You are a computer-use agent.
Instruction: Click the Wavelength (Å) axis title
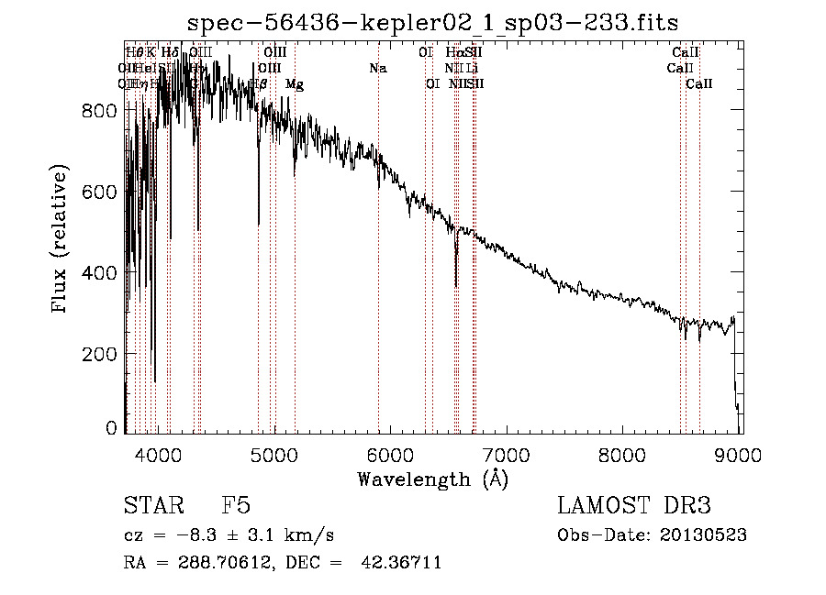pos(432,479)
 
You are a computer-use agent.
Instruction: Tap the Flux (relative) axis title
pos(61,240)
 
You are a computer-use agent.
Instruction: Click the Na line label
pos(378,69)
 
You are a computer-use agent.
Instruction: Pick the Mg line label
pos(295,84)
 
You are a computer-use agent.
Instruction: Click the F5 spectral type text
pos(236,506)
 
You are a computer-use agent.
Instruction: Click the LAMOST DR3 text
pos(634,506)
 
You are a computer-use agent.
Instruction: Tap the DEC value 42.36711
pos(401,563)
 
